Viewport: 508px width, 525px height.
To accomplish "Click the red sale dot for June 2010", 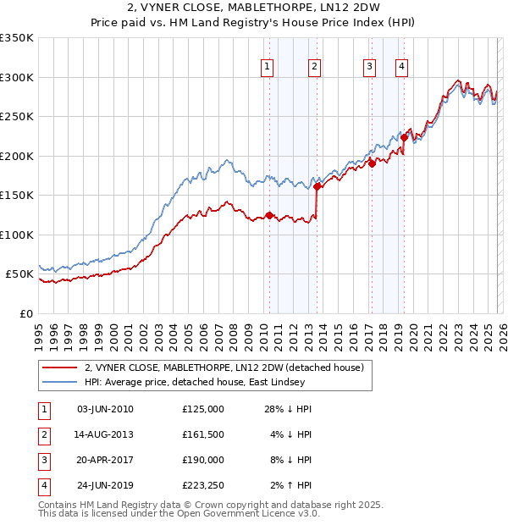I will [x=269, y=215].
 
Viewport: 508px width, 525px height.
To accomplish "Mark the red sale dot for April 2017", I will [x=372, y=164].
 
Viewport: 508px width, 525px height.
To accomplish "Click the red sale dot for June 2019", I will [x=405, y=138].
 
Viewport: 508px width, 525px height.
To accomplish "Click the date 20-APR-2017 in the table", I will [x=104, y=460].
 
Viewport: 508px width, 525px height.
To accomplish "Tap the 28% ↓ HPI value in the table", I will [x=289, y=409].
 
